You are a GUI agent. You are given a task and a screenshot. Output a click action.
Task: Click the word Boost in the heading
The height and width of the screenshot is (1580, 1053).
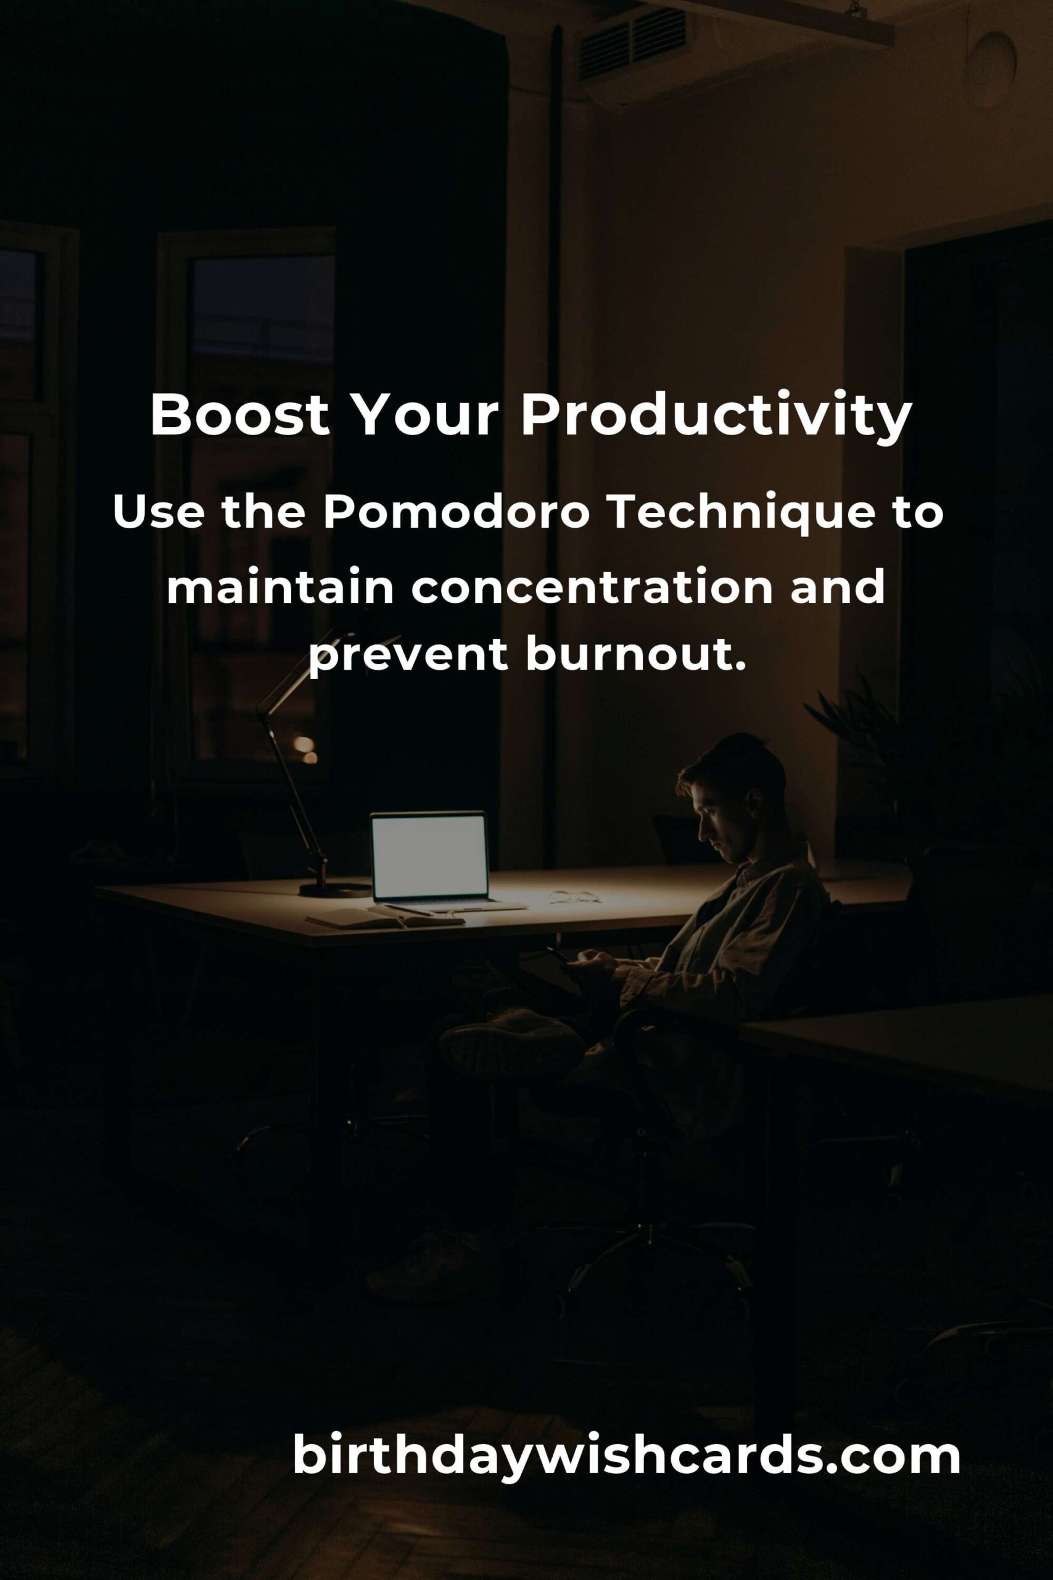[x=240, y=415]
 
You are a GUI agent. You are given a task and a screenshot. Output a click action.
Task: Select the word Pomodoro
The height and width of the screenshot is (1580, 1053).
[x=456, y=513]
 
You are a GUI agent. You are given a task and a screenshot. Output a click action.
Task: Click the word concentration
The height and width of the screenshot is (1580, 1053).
[x=592, y=587]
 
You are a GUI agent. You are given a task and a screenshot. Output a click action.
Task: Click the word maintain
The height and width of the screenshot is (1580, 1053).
[x=280, y=586]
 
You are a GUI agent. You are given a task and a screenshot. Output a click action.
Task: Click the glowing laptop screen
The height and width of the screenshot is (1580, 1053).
[x=429, y=856]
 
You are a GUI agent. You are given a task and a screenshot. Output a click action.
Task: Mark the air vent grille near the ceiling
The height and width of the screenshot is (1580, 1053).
[x=632, y=44]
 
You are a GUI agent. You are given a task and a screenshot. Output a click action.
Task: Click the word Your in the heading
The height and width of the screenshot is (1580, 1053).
[x=425, y=415]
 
